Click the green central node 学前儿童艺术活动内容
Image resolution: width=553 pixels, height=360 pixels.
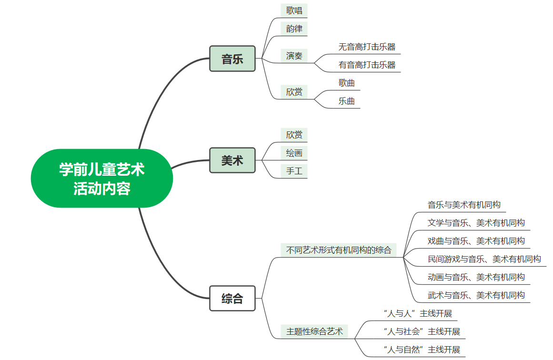tap(101, 178)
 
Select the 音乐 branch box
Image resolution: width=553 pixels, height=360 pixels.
tap(232, 59)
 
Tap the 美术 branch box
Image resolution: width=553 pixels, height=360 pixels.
tap(232, 160)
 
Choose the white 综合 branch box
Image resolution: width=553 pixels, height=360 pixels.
tap(232, 299)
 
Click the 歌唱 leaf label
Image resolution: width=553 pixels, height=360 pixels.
tap(294, 10)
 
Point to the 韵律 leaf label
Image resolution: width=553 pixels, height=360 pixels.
tap(294, 29)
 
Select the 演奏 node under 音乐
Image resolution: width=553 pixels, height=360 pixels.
tap(294, 56)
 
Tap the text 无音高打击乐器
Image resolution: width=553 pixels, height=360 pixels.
tap(367, 47)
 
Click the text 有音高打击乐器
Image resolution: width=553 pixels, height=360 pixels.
tap(367, 65)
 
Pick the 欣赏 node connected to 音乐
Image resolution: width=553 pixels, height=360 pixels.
tap(294, 92)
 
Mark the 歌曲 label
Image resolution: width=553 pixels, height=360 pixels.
tap(347, 83)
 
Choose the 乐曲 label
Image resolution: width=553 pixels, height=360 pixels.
tap(347, 101)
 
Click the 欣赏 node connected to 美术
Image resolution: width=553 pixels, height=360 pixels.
tap(294, 135)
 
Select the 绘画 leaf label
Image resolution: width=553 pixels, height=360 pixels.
tap(294, 153)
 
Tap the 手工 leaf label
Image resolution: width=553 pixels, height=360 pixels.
tap(294, 171)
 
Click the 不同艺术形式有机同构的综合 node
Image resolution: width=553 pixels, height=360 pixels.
tap(339, 250)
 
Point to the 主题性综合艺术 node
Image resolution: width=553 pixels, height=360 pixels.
tap(314, 331)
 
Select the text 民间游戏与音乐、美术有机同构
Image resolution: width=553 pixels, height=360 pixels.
tap(484, 259)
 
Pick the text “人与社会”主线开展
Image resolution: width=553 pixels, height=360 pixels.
tap(422, 331)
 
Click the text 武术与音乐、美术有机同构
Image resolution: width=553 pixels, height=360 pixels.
tap(476, 295)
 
